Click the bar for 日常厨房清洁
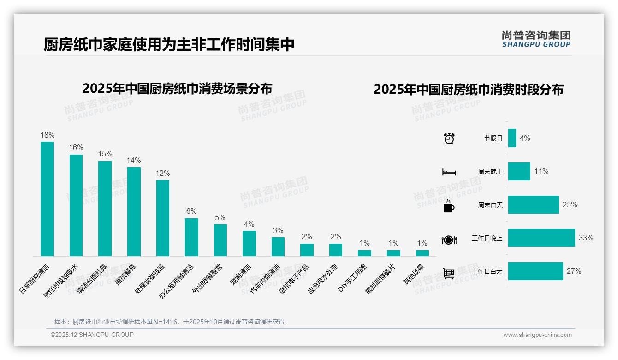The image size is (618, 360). (47, 198)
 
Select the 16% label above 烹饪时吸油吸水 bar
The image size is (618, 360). (76, 147)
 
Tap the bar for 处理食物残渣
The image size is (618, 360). (163, 218)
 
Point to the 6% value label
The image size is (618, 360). (191, 211)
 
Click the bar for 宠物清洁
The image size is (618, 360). (249, 243)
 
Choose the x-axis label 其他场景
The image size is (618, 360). (414, 275)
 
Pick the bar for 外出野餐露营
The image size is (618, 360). (220, 240)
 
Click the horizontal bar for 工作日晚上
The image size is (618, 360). (541, 238)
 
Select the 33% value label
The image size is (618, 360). (586, 238)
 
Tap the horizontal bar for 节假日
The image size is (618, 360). (512, 138)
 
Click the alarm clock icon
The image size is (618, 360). (449, 138)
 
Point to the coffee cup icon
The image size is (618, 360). (449, 205)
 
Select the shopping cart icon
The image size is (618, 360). (449, 273)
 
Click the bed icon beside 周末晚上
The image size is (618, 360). (449, 172)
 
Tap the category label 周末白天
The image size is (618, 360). (490, 205)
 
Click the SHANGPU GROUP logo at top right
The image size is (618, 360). (536, 39)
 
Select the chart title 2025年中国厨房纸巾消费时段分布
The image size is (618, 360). (468, 90)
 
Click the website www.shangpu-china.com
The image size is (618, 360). (537, 335)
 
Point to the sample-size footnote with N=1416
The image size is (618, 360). (169, 322)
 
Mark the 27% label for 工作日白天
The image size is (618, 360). (574, 271)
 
